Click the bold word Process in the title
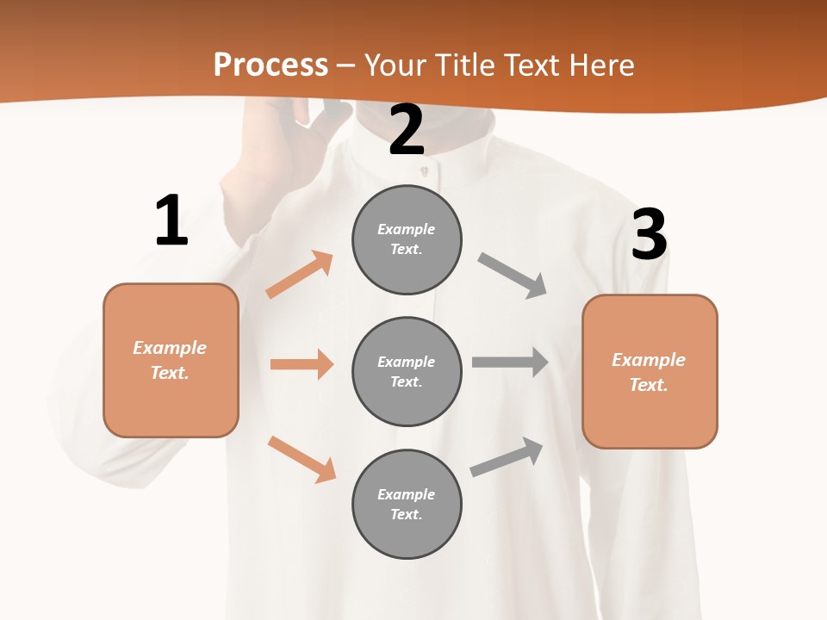click(x=270, y=65)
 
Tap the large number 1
click(x=171, y=221)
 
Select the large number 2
click(x=407, y=131)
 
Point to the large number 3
click(x=649, y=235)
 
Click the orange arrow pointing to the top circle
click(x=300, y=274)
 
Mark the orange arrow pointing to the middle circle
click(x=302, y=364)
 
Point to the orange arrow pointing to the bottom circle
click(x=302, y=459)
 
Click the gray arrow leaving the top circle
click(x=513, y=276)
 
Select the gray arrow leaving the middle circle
click(x=510, y=362)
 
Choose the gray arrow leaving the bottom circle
click(x=507, y=456)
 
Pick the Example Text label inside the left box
click(x=170, y=360)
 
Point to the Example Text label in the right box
click(x=649, y=372)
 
